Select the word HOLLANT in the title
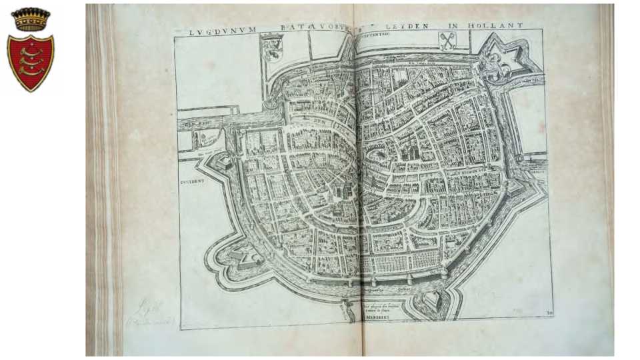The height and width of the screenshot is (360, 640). click(x=501, y=25)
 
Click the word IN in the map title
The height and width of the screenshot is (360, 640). click(x=454, y=26)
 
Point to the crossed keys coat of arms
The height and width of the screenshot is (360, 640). click(x=447, y=41)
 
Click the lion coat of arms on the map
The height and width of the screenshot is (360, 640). click(x=273, y=46)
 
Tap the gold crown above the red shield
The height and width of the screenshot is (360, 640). click(x=30, y=19)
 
